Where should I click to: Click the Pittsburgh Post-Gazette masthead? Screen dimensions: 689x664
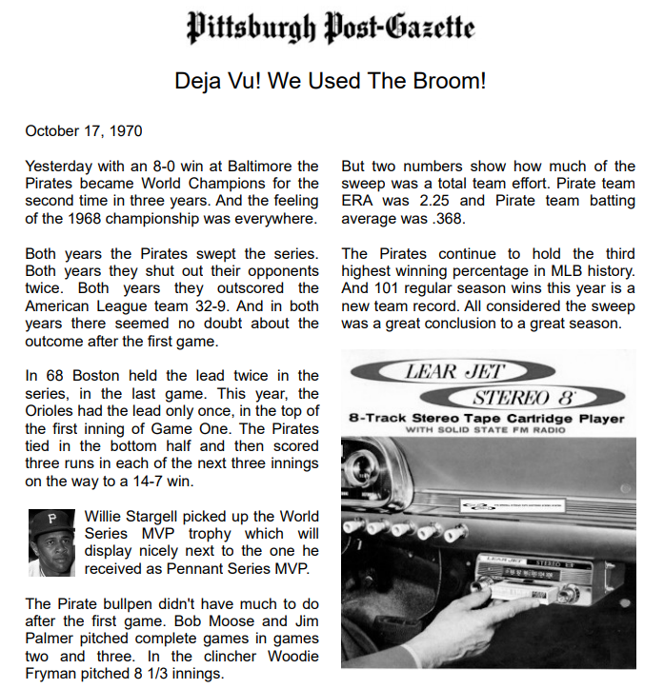(331, 29)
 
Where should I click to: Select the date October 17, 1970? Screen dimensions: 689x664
(84, 130)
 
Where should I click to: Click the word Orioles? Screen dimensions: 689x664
(54, 412)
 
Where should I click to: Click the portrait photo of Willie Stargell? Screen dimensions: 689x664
(51, 542)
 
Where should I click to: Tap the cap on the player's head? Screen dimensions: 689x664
(52, 521)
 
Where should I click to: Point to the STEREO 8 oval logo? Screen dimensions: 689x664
(523, 396)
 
